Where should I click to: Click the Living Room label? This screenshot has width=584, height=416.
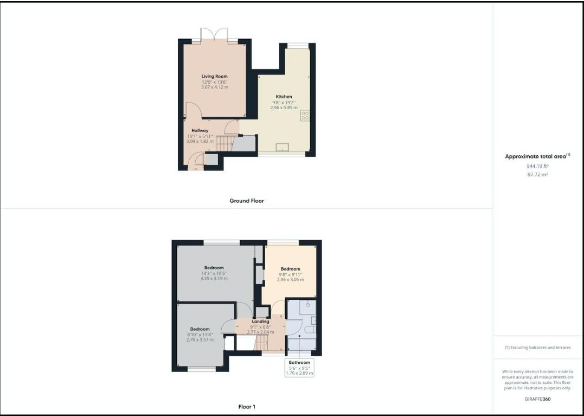click(x=215, y=77)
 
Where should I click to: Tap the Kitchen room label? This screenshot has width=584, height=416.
click(x=284, y=97)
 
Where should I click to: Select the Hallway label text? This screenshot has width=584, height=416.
click(x=200, y=130)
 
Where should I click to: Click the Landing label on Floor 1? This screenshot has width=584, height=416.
click(x=260, y=322)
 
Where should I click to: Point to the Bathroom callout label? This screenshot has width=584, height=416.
click(x=299, y=362)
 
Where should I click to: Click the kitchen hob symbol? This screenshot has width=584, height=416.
click(x=305, y=115)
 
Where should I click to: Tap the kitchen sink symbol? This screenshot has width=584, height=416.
click(x=283, y=147)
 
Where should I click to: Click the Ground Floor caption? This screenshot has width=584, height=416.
click(x=247, y=201)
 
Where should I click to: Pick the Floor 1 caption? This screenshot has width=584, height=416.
click(x=247, y=407)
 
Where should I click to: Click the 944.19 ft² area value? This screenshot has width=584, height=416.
click(x=537, y=166)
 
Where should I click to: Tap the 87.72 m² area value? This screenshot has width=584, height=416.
click(x=537, y=174)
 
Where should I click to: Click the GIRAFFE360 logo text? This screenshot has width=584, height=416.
click(x=537, y=399)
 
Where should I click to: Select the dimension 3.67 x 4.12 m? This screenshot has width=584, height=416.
click(x=215, y=87)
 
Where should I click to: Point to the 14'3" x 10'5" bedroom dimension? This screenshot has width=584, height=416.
click(x=214, y=273)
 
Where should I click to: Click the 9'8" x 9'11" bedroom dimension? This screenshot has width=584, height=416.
click(x=291, y=274)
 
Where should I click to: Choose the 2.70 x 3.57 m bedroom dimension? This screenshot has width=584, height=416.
click(x=200, y=340)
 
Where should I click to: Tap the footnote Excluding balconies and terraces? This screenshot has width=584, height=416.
click(x=537, y=348)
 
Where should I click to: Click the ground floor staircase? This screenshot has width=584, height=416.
click(x=225, y=143)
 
